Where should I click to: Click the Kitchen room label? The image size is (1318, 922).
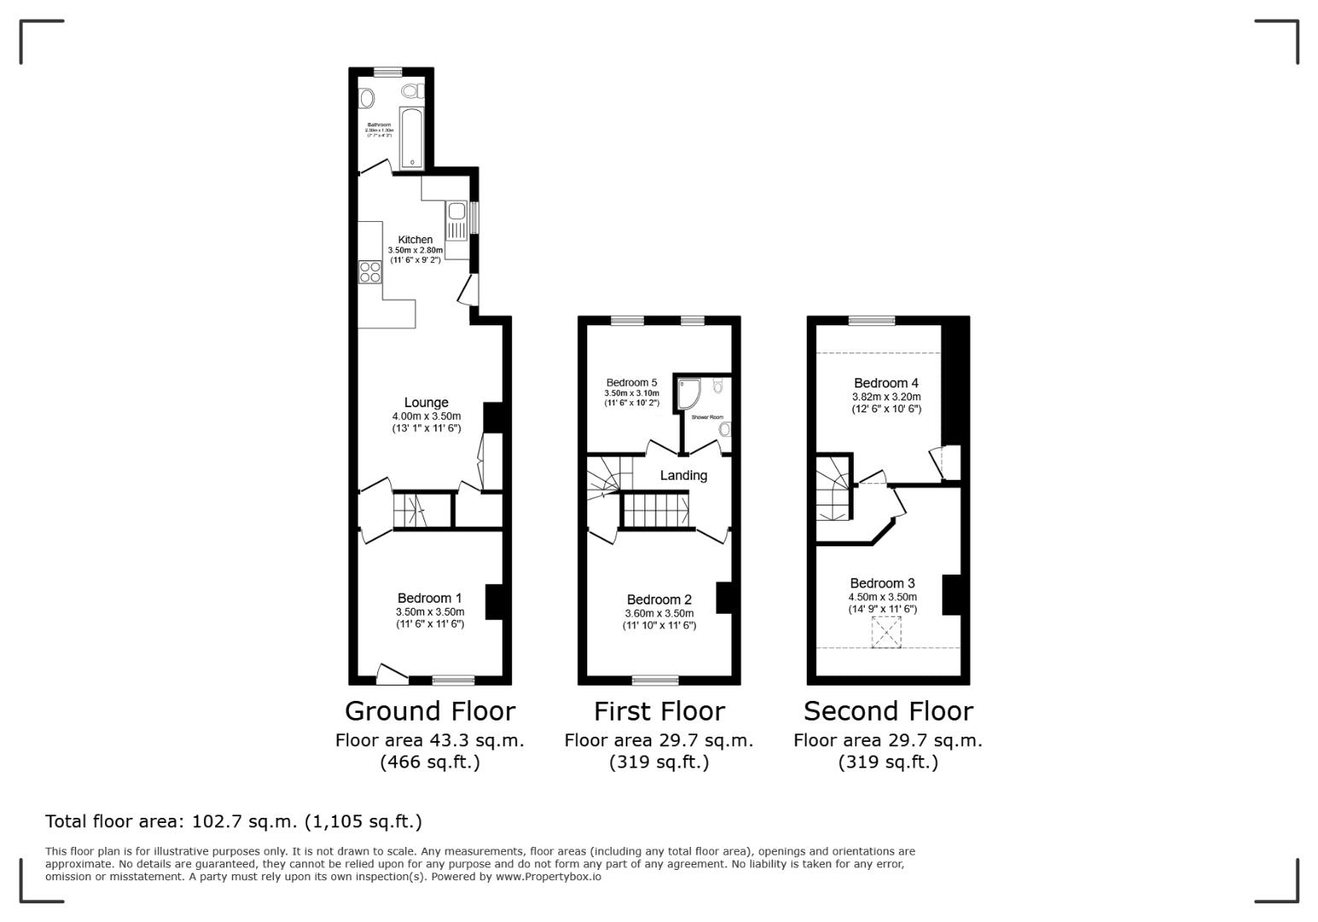pos(415,240)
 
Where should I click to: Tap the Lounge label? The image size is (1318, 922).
pos(426,403)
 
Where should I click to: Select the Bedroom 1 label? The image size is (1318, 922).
pos(429,598)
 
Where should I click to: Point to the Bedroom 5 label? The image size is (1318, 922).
pos(632,382)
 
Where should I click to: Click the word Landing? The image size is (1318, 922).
pos(683,476)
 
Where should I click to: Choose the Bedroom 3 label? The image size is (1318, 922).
pos(882,584)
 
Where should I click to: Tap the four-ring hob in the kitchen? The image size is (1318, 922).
pos(370,272)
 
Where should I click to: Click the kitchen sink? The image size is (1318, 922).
pos(457,212)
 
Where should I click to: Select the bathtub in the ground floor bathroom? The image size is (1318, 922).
pos(411,137)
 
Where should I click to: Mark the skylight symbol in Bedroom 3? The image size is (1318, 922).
pos(886,633)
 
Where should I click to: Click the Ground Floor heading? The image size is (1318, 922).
pos(429,711)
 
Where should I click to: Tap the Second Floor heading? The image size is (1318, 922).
pos(888,711)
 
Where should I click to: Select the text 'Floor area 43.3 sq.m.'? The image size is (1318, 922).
pos(429,741)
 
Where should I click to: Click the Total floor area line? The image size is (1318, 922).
pos(233,821)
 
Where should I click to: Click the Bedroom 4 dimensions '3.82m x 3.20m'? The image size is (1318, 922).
pos(886,397)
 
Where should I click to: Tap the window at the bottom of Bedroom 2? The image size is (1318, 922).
pos(656,680)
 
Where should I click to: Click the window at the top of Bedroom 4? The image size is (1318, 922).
pos(872,321)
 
